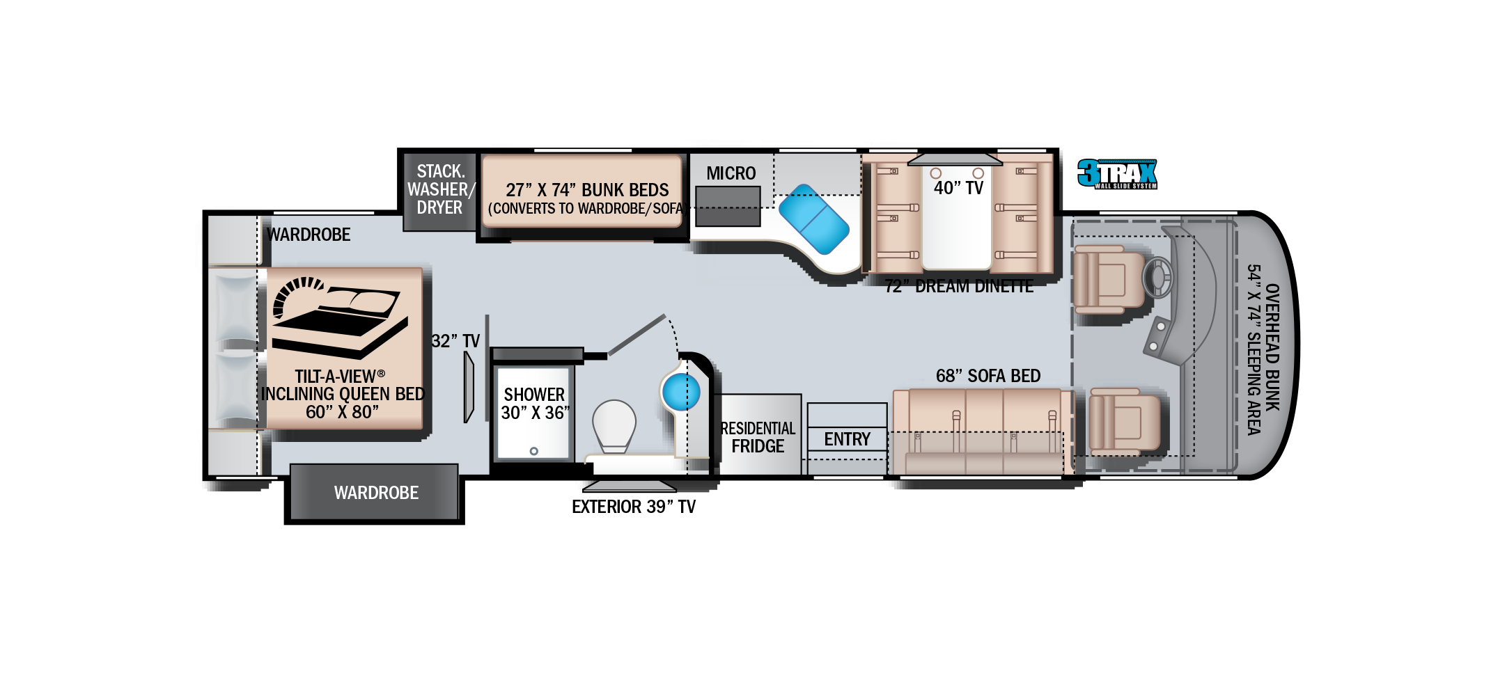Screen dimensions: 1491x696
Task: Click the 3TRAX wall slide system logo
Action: [1117, 174]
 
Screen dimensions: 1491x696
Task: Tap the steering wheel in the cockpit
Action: [1157, 278]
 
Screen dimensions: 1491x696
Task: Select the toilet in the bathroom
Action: [614, 425]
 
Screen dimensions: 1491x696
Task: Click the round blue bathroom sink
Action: [680, 393]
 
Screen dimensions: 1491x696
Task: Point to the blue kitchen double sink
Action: [813, 219]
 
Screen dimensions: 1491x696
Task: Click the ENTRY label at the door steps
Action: [847, 439]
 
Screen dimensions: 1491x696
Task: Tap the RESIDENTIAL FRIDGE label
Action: [758, 437]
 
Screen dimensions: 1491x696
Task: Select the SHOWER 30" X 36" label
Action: [535, 404]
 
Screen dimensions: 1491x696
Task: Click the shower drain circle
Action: [534, 451]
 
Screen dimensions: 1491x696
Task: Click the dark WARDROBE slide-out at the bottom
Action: [375, 493]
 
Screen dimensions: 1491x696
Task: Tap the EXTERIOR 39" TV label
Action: [634, 507]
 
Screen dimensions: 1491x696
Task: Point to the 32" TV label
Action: [455, 341]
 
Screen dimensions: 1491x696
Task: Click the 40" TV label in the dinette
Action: [958, 188]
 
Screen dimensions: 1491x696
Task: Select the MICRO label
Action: [731, 173]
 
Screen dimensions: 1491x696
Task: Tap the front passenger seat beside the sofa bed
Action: [1124, 422]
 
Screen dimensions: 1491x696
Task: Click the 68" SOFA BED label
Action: [988, 376]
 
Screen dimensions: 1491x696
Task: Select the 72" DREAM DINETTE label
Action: [959, 286]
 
